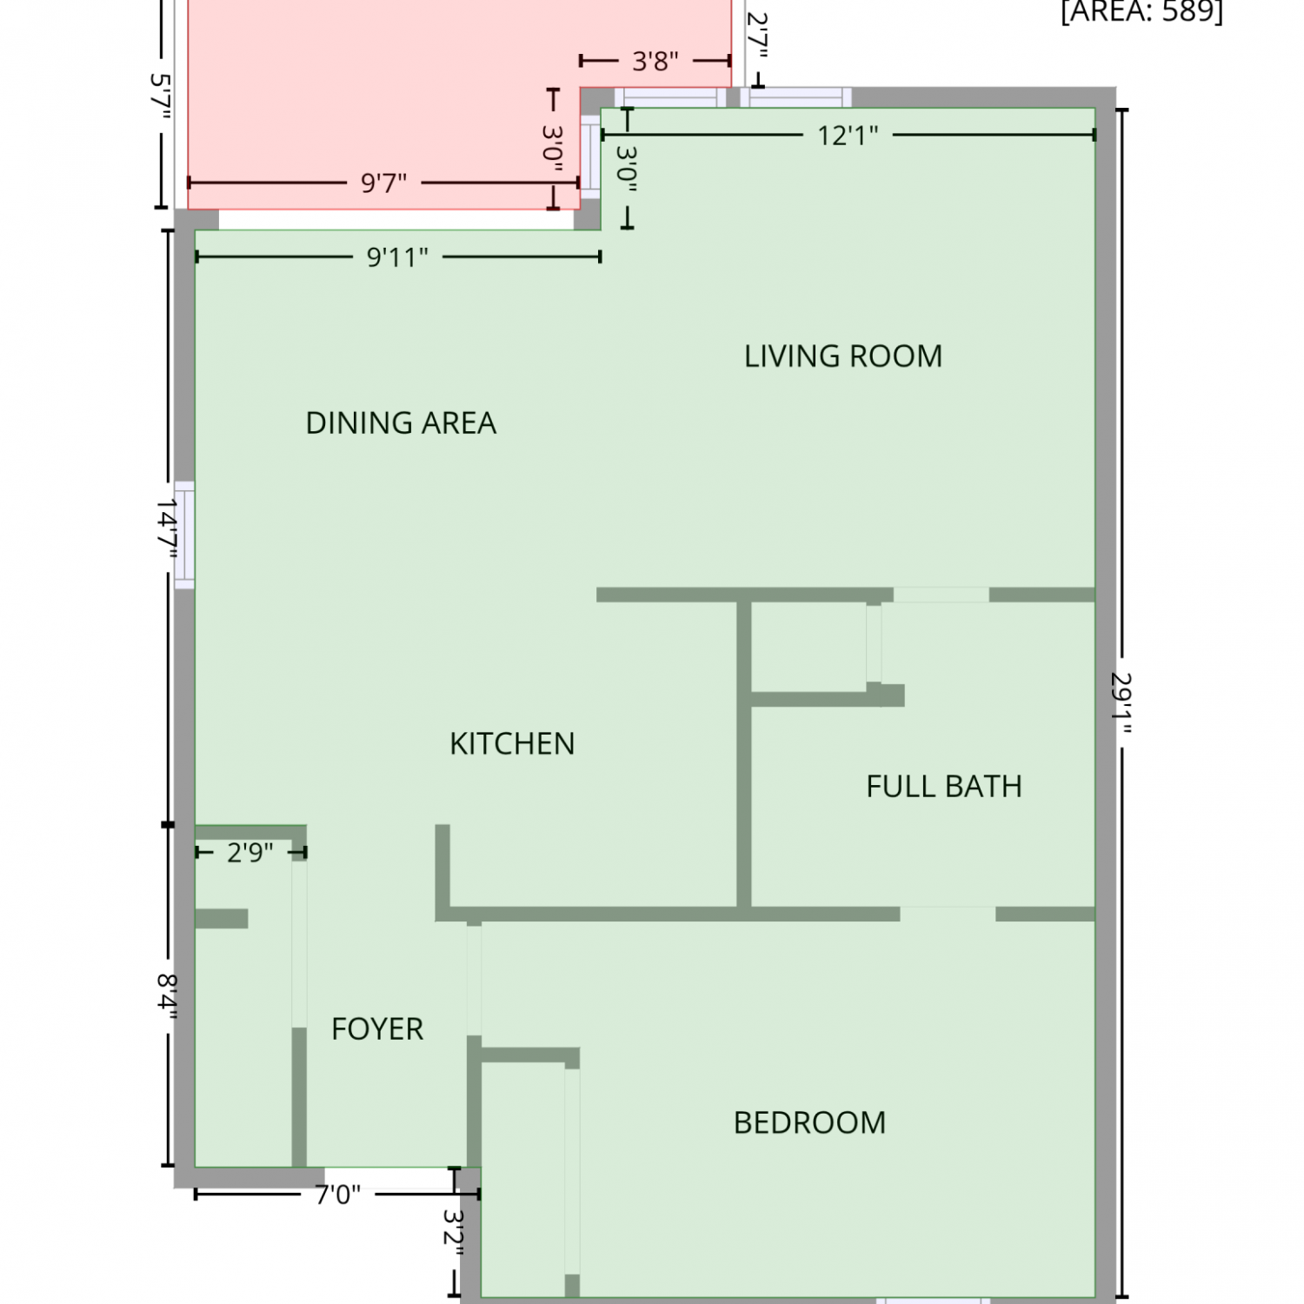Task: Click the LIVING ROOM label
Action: coord(843,356)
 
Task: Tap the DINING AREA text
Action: coord(401,423)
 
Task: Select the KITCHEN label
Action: coord(512,744)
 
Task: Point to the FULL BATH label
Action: coord(944,787)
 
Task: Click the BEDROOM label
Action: coord(809,1123)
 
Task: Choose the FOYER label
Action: coord(377,1029)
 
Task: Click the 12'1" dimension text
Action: coord(848,136)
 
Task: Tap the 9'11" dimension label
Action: coord(397,257)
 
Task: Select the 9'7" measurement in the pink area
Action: coord(383,183)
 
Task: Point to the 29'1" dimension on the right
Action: coord(1121,703)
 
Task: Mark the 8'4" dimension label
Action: coord(168,996)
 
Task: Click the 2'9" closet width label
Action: coord(250,853)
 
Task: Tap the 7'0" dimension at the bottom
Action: coord(337,1195)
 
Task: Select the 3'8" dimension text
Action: coord(655,62)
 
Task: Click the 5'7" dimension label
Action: coord(161,96)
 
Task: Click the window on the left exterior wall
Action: coord(184,535)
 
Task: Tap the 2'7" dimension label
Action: coord(758,37)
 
